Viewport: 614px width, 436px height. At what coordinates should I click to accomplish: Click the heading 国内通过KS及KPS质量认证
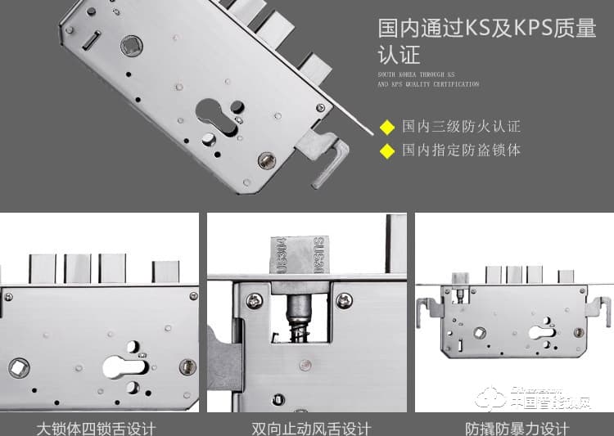[x=486, y=41]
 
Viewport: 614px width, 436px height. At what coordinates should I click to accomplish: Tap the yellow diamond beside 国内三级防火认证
[x=387, y=127]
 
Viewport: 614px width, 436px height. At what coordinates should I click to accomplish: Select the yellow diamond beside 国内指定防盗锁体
[x=387, y=151]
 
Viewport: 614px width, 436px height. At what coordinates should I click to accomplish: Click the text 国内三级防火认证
[x=461, y=127]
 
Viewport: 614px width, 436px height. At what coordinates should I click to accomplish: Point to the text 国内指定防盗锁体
[x=461, y=151]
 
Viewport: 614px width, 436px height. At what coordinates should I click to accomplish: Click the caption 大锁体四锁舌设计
[x=96, y=428]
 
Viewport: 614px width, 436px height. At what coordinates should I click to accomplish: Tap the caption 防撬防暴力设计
[x=517, y=428]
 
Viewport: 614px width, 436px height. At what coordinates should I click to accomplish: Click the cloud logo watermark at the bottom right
[x=493, y=400]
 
